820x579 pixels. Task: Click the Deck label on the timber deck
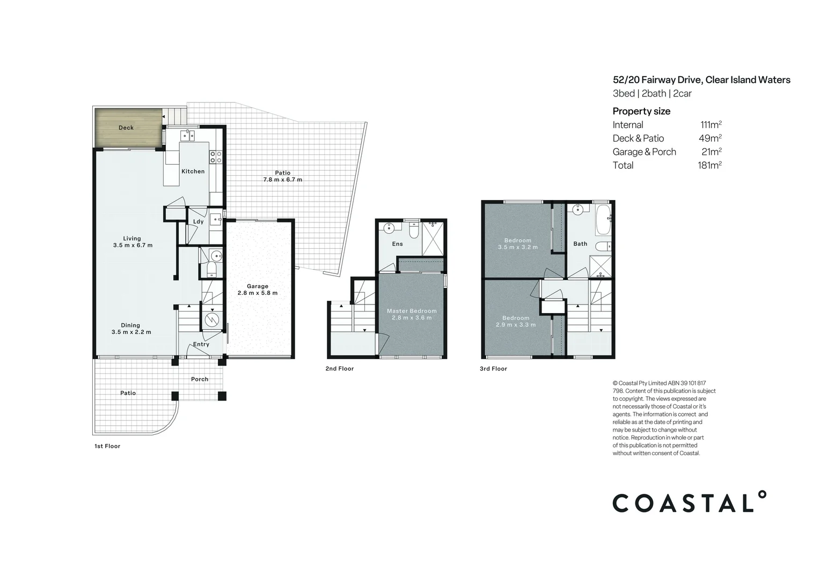click(x=126, y=128)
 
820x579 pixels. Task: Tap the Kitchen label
click(x=193, y=172)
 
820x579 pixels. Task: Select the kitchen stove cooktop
click(x=216, y=157)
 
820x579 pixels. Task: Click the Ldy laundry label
click(x=198, y=221)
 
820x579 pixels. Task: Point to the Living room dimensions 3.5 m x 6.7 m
click(x=133, y=246)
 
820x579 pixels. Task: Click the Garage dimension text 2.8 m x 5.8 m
click(x=258, y=293)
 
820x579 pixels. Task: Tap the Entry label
click(x=201, y=344)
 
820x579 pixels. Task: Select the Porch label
click(x=200, y=379)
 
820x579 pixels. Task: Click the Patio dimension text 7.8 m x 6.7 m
click(x=282, y=180)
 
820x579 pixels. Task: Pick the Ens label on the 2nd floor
click(x=397, y=244)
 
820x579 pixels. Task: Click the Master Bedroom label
click(x=412, y=311)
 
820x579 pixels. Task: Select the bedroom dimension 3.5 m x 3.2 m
click(x=517, y=247)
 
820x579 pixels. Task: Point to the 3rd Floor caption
click(x=493, y=369)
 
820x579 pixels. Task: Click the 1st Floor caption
click(x=107, y=446)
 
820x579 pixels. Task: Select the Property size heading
click(x=641, y=112)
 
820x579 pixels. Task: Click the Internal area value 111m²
click(x=711, y=125)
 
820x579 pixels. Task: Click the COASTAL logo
click(x=689, y=502)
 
